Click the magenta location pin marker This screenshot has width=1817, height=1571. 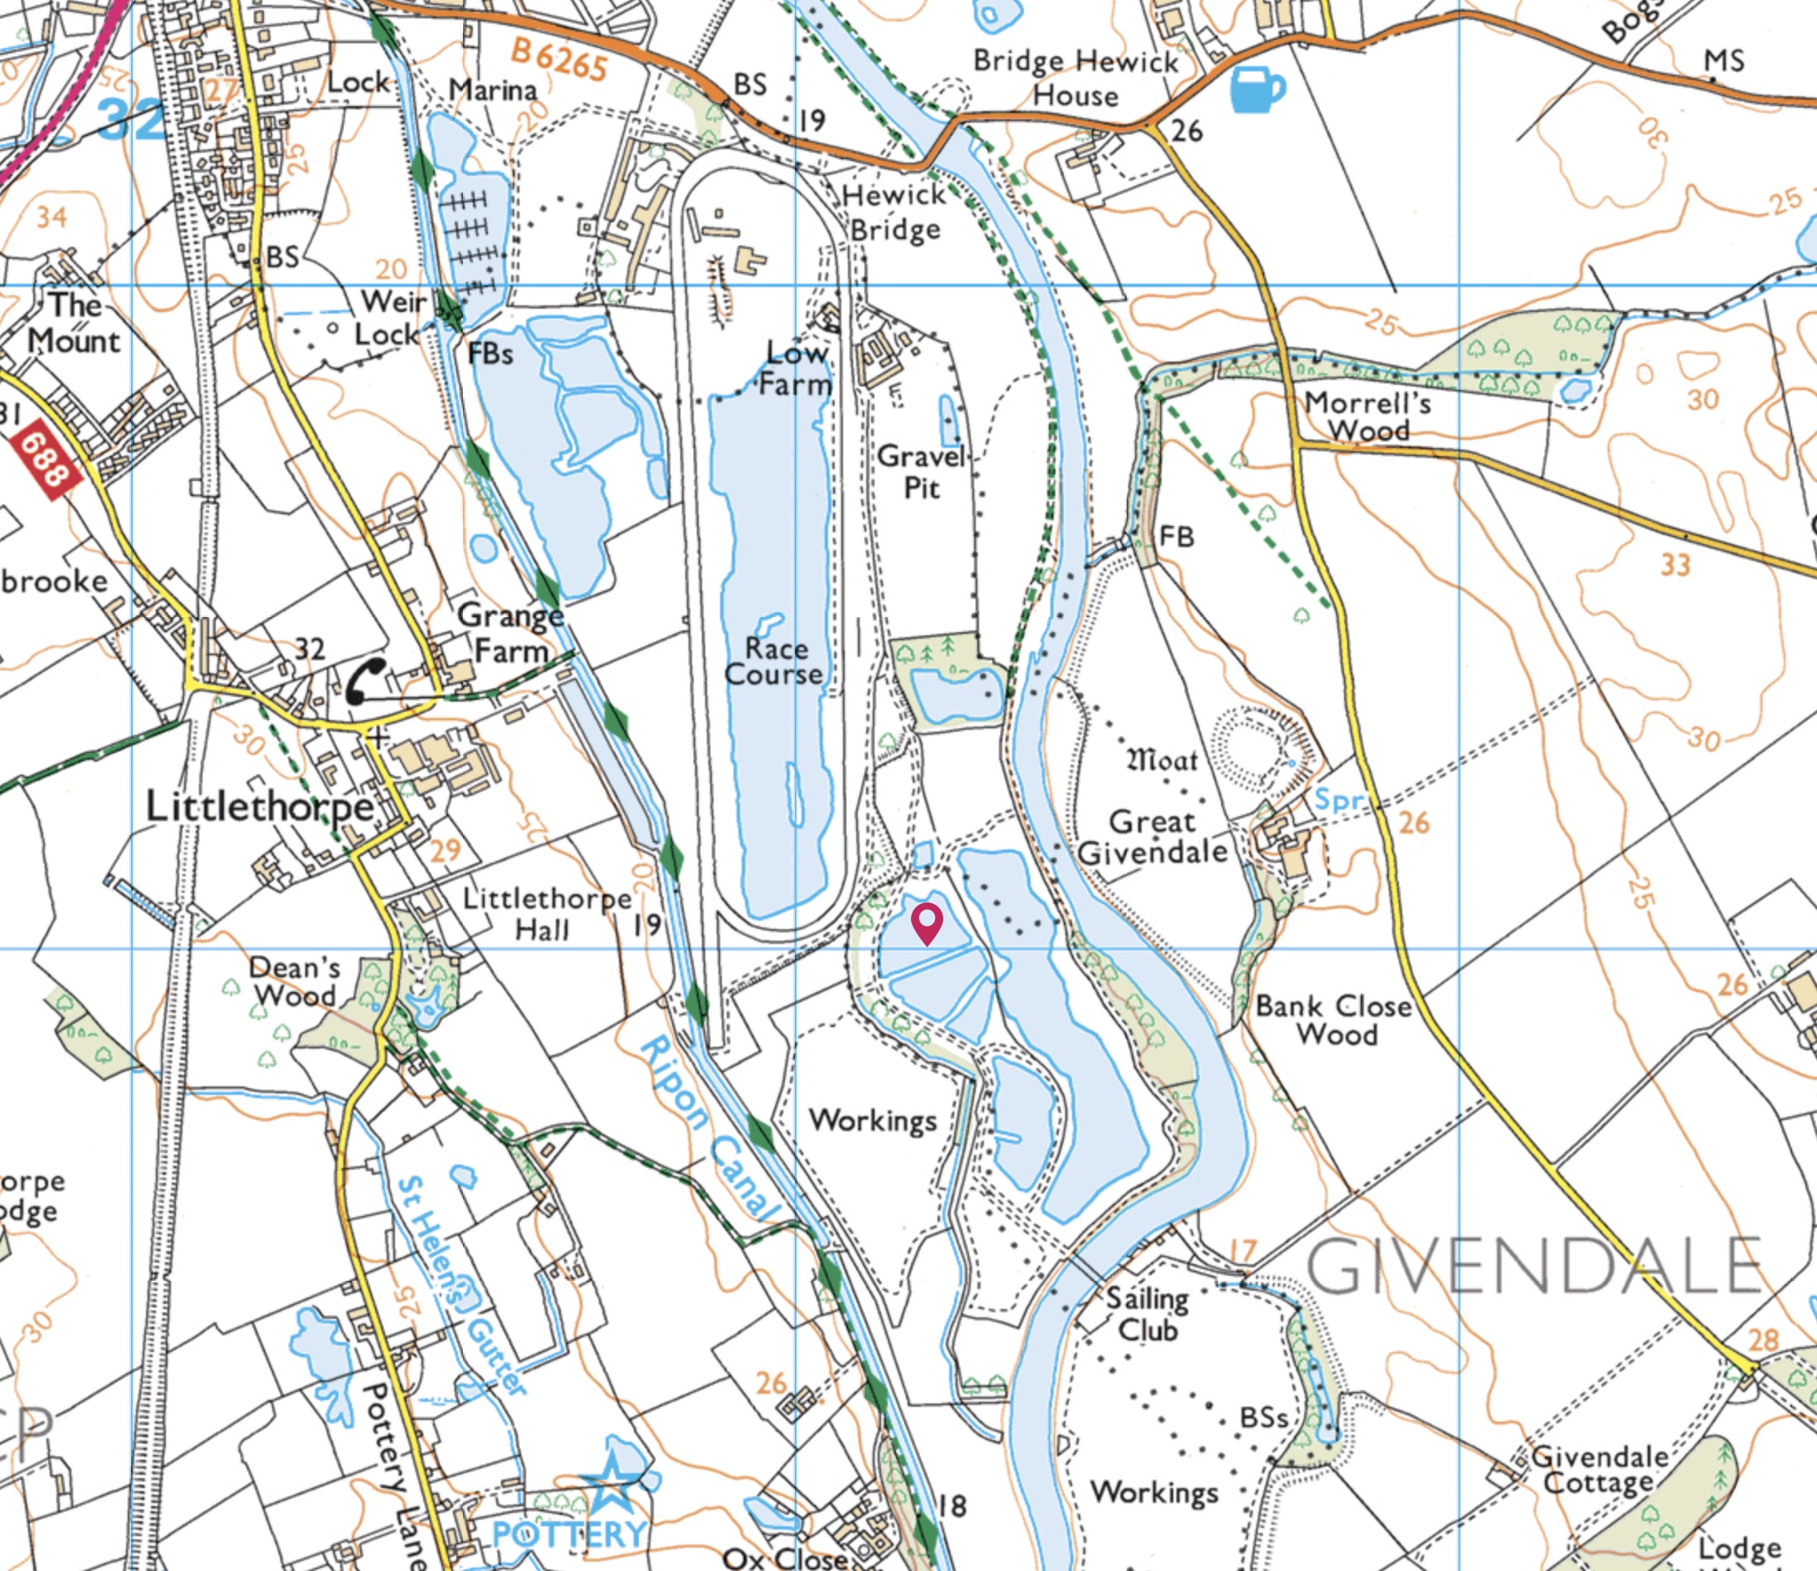click(927, 922)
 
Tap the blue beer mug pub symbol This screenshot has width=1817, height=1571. click(1257, 90)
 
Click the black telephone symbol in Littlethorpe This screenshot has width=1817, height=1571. click(365, 681)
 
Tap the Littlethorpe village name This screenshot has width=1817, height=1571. click(259, 806)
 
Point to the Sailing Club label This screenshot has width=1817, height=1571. click(1146, 1314)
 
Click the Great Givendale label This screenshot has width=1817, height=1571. click(1152, 836)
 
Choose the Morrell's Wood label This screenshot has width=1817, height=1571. click(1368, 416)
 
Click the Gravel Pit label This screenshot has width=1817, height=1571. click(922, 471)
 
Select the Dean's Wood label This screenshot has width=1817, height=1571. click(294, 981)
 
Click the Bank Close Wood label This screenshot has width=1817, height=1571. click(1334, 1019)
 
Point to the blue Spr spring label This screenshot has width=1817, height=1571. click(1340, 799)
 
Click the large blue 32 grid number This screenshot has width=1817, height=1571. click(132, 119)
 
